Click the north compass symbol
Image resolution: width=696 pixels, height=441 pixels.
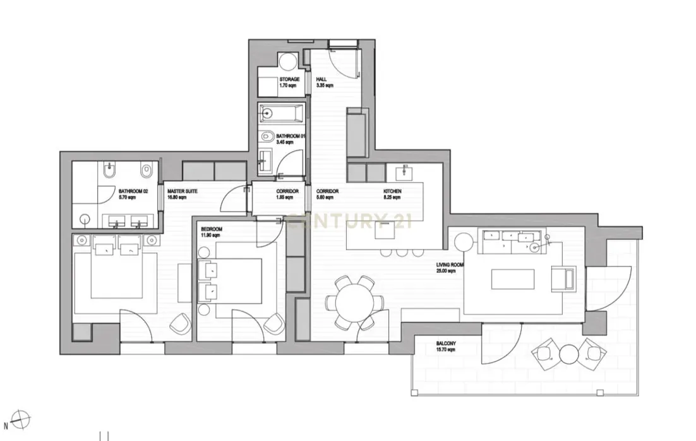pyautogui.click(x=22, y=418)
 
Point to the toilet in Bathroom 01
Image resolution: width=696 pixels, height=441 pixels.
pyautogui.click(x=267, y=136)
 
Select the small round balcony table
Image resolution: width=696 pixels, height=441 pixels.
pyautogui.click(x=569, y=354)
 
